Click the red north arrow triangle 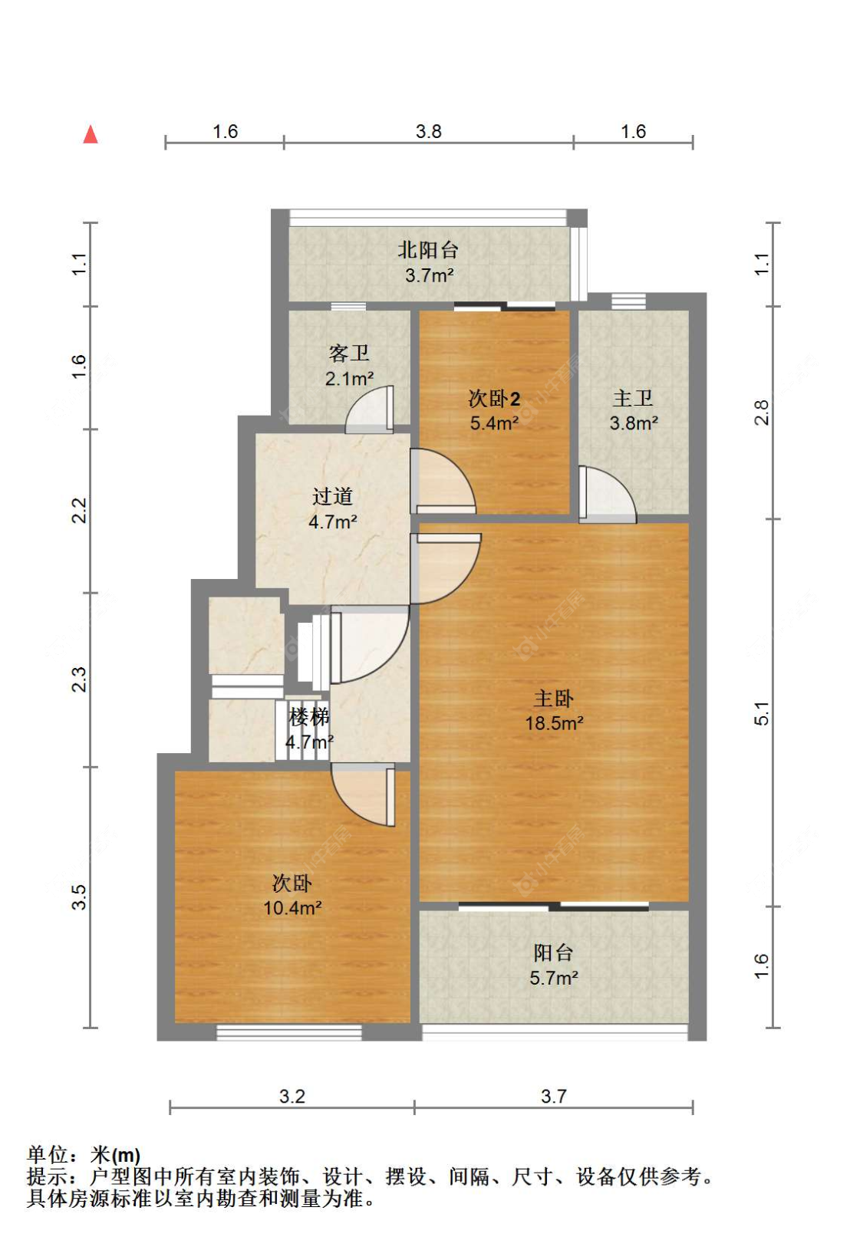pyautogui.click(x=91, y=134)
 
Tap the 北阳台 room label pyautogui.click(x=427, y=250)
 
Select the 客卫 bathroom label pyautogui.click(x=349, y=354)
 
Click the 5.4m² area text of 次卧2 pyautogui.click(x=494, y=423)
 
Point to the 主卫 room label pyautogui.click(x=633, y=399)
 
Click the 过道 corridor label pyautogui.click(x=333, y=496)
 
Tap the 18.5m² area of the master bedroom pyautogui.click(x=554, y=723)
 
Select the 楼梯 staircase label pyautogui.click(x=308, y=717)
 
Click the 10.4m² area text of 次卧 pyautogui.click(x=292, y=908)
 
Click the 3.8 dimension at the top pyautogui.click(x=429, y=132)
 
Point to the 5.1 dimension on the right pyautogui.click(x=761, y=714)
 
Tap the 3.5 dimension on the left pyautogui.click(x=79, y=897)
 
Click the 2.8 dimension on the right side pyautogui.click(x=761, y=413)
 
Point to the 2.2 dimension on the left pyautogui.click(x=79, y=511)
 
